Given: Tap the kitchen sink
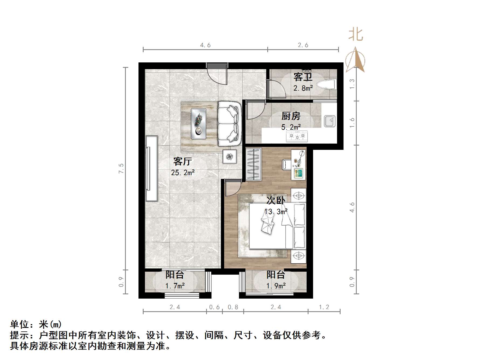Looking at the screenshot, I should [329, 121].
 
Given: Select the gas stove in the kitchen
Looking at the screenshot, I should [297, 136].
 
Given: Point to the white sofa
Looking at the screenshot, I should [229, 123].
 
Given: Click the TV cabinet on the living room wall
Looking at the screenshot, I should [151, 168].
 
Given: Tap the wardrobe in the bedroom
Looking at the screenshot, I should [254, 164].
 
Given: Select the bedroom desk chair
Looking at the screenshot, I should [286, 165].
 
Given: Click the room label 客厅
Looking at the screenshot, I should [182, 161].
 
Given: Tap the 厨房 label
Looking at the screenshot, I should [291, 116].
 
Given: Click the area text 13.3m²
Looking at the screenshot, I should [276, 212].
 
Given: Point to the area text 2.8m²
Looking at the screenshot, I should [303, 88].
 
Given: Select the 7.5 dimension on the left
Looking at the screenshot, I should [121, 168].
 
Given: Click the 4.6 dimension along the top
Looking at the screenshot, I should [205, 45].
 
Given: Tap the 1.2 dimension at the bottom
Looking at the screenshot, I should [324, 307].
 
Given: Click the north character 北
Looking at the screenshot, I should [356, 35].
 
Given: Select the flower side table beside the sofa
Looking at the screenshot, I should [230, 156].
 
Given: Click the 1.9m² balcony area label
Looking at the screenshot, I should [276, 286].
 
